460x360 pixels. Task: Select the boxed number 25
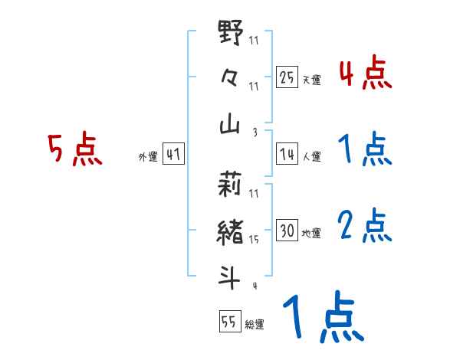(x=287, y=77)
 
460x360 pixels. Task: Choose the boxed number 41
(x=173, y=155)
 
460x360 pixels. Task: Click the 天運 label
(x=311, y=80)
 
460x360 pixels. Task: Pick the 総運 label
(x=255, y=325)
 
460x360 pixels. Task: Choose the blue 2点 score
(x=365, y=225)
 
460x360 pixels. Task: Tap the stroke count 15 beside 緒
(x=254, y=239)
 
